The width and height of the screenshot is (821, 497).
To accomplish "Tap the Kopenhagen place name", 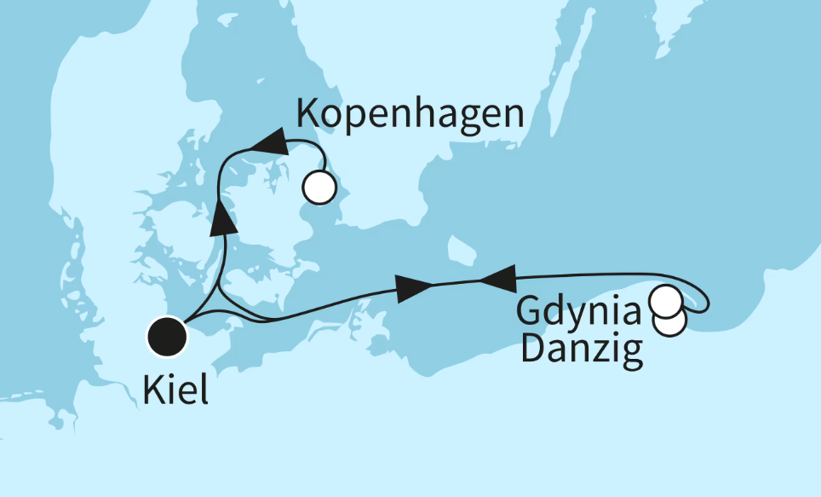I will [x=409, y=114].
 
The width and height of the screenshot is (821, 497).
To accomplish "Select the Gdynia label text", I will [x=579, y=312].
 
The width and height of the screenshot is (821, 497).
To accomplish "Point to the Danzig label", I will [x=581, y=350].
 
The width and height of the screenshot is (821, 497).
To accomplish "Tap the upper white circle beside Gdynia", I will [x=666, y=301].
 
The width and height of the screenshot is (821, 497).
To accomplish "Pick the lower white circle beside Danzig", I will [x=670, y=321].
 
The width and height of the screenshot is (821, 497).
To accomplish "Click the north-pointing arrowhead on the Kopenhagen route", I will [x=223, y=217].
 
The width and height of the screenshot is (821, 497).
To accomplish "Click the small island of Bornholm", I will [x=462, y=250].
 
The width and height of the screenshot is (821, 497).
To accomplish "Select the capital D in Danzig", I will [x=531, y=350].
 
